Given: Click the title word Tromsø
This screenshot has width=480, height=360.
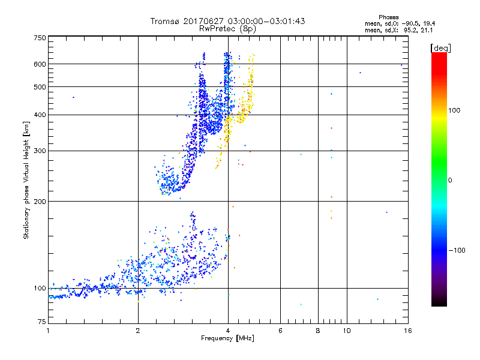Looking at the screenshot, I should point(164,21).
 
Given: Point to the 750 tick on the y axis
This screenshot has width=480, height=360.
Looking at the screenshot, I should point(40,38).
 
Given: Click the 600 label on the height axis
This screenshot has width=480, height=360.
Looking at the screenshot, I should point(40,64).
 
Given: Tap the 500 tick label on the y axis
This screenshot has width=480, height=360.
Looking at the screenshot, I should point(40,87).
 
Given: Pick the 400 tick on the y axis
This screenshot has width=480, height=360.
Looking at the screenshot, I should point(40,115).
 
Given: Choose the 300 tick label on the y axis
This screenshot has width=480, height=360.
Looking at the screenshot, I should point(40,151).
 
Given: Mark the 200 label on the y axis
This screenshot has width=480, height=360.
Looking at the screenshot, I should point(40,201).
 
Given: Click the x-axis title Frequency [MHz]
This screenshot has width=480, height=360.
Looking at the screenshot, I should point(227,339).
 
